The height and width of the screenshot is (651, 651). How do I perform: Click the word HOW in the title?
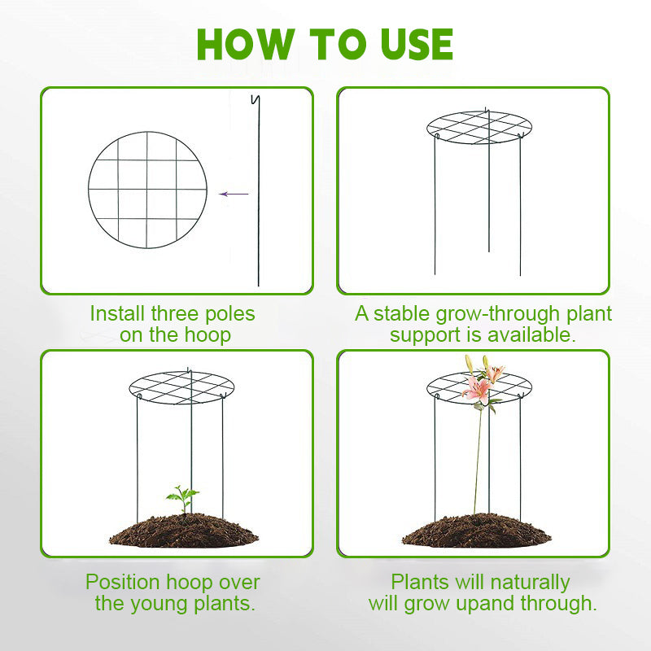pyautogui.click(x=246, y=45)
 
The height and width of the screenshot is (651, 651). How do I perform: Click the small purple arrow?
pyautogui.click(x=234, y=194)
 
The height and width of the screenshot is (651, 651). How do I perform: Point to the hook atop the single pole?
pyautogui.click(x=256, y=100)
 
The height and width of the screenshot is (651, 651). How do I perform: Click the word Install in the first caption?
pyautogui.click(x=117, y=313)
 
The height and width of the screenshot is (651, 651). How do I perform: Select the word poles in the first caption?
pyautogui.click(x=230, y=314)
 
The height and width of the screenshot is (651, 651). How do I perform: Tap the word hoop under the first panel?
pyautogui.click(x=208, y=335)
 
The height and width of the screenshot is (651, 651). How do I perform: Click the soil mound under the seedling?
pyautogui.click(x=184, y=531)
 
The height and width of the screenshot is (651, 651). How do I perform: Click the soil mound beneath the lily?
pyautogui.click(x=477, y=531)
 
